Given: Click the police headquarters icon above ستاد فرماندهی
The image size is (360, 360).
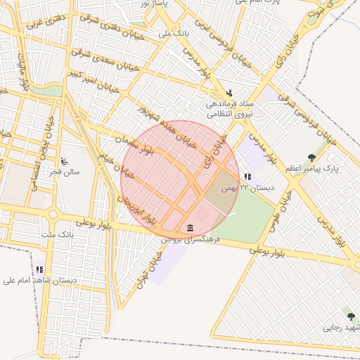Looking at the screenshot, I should tap(229, 93).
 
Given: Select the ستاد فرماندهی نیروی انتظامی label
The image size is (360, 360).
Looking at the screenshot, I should tap(229, 108).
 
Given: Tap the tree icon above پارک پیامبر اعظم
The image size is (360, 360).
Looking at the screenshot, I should tap(312, 157).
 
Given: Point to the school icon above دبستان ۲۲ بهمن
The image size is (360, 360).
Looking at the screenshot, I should tap(247, 176).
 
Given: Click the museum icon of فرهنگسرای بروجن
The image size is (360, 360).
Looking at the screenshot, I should tap(191, 227).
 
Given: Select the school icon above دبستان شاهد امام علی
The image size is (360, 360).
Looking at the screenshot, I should tap(40, 269).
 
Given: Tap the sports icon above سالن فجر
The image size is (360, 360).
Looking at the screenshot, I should tap(65, 161).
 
